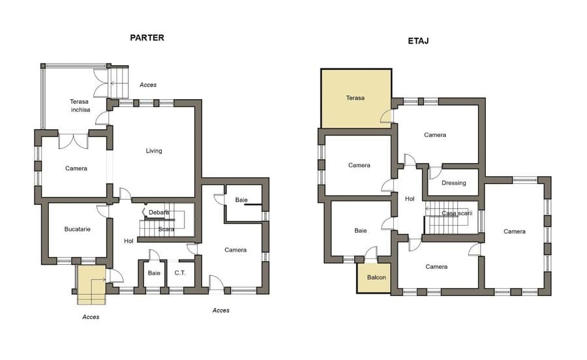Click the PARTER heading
click(x=147, y=38)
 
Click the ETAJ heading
click(x=418, y=41)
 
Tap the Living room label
click(x=154, y=151)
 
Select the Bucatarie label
click(x=77, y=229)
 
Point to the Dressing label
click(x=454, y=183)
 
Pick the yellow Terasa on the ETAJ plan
click(x=356, y=98)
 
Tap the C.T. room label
click(x=180, y=273)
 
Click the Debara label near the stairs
click(x=158, y=213)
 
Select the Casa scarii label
click(x=457, y=213)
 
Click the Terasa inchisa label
click(x=80, y=106)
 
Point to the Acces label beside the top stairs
click(x=148, y=85)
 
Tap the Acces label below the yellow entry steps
click(x=91, y=317)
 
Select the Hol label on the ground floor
click(x=128, y=241)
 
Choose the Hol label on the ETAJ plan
click(x=410, y=199)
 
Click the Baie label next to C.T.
click(x=154, y=273)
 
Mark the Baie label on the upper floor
click(x=361, y=231)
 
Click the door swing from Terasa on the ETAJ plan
click(x=387, y=116)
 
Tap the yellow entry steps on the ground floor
click(x=91, y=285)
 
